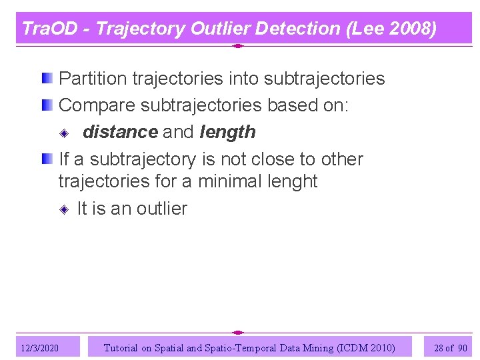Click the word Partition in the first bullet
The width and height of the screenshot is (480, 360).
click(x=93, y=79)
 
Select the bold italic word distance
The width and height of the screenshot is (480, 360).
click(x=120, y=132)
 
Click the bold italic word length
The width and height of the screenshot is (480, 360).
click(x=227, y=132)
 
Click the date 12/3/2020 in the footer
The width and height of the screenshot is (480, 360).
click(x=39, y=348)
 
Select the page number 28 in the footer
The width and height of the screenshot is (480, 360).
click(x=439, y=348)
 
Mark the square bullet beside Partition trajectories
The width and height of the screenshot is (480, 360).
click(x=46, y=79)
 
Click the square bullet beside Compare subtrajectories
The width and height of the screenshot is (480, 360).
click(x=46, y=105)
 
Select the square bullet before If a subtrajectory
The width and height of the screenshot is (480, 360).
click(x=46, y=159)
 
